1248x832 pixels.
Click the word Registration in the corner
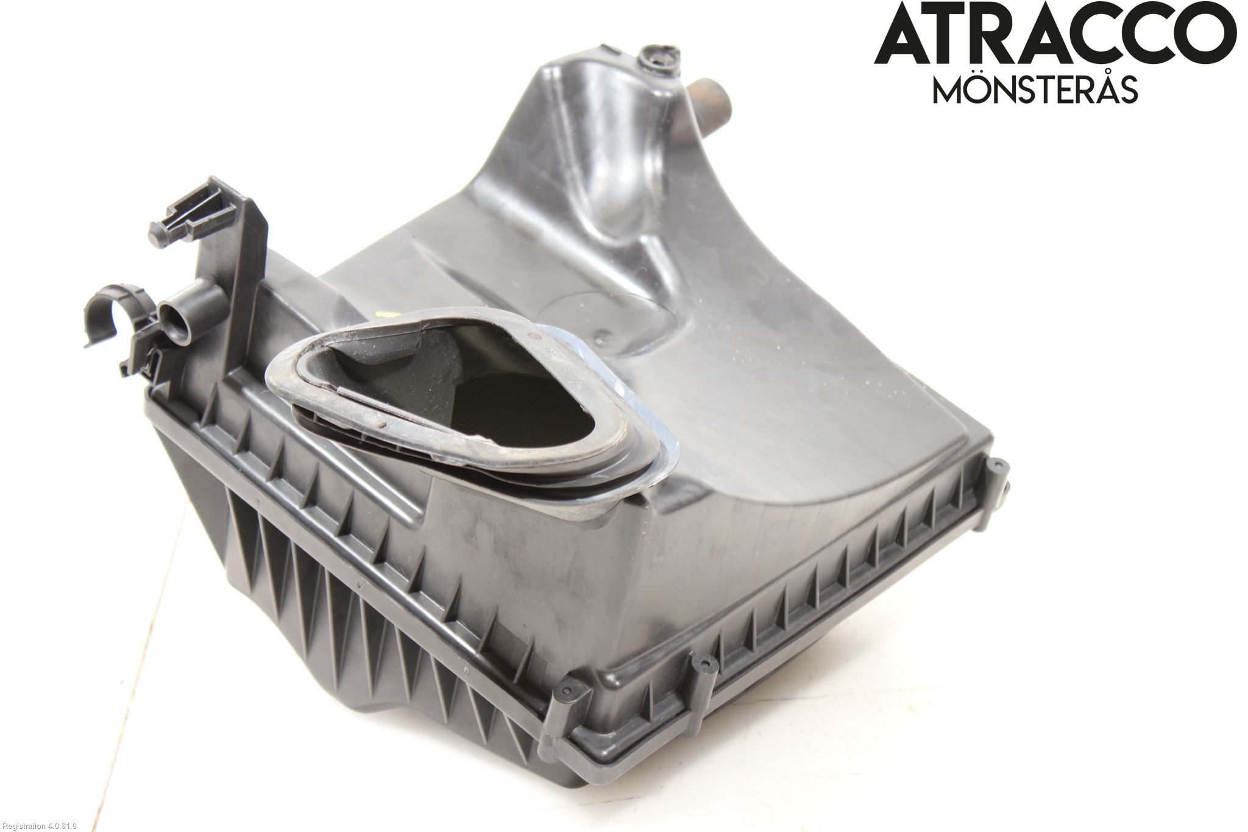tap(22, 825)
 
